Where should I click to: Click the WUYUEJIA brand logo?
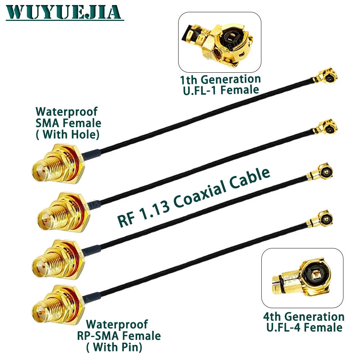63,12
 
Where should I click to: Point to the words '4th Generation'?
303,316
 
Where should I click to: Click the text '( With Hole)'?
68,134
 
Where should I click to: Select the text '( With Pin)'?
114,347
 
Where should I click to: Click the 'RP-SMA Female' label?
119,336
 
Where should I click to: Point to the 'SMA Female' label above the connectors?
68,123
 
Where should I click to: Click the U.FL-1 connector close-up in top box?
220,41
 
